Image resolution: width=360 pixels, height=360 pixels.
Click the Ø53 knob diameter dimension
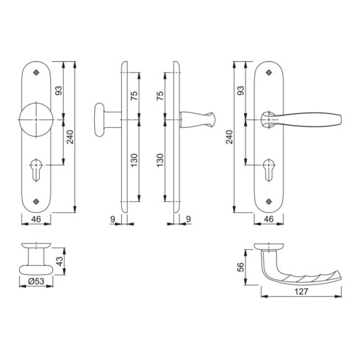pyautogui.click(x=36, y=281)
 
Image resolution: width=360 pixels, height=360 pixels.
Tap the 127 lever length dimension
pyautogui.click(x=301, y=292)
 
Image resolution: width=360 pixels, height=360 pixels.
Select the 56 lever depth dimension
pyautogui.click(x=241, y=267)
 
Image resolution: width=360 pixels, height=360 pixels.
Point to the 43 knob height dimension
pyautogui.click(x=60, y=261)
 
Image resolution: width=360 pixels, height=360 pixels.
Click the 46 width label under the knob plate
pyautogui.click(x=36, y=219)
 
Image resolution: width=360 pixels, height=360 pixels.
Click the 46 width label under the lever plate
pyautogui.click(x=269, y=219)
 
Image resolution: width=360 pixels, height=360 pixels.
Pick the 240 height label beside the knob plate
pyautogui.click(x=70, y=137)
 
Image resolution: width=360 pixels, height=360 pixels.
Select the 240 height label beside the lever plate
pyautogui.click(x=229, y=137)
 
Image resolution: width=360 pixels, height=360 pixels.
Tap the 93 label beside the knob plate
pyautogui.click(x=59, y=90)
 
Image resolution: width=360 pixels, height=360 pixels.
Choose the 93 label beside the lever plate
pyautogui.click(x=241, y=90)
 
